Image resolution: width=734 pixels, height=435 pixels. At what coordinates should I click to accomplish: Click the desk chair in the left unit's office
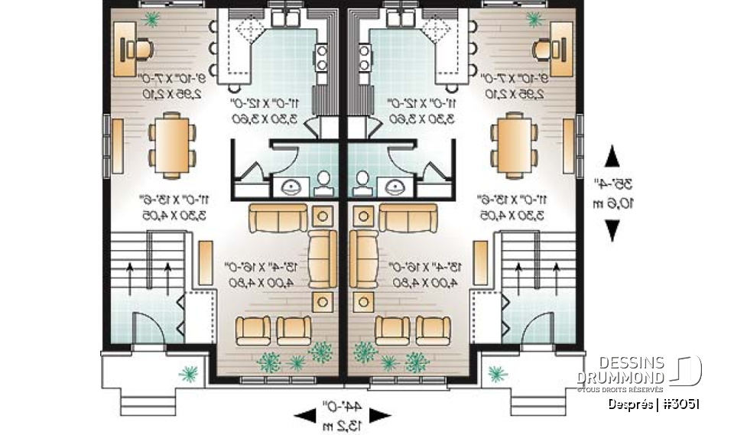click(140, 49)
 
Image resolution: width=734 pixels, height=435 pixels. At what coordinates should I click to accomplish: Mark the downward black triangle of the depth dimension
click(612, 229)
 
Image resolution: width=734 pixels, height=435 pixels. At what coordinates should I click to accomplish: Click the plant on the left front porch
click(187, 373)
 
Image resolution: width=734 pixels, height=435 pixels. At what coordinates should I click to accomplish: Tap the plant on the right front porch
click(498, 373)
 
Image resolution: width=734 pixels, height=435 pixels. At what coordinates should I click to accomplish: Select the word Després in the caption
click(630, 404)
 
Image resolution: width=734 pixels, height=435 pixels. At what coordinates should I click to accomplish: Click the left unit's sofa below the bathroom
click(281, 219)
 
